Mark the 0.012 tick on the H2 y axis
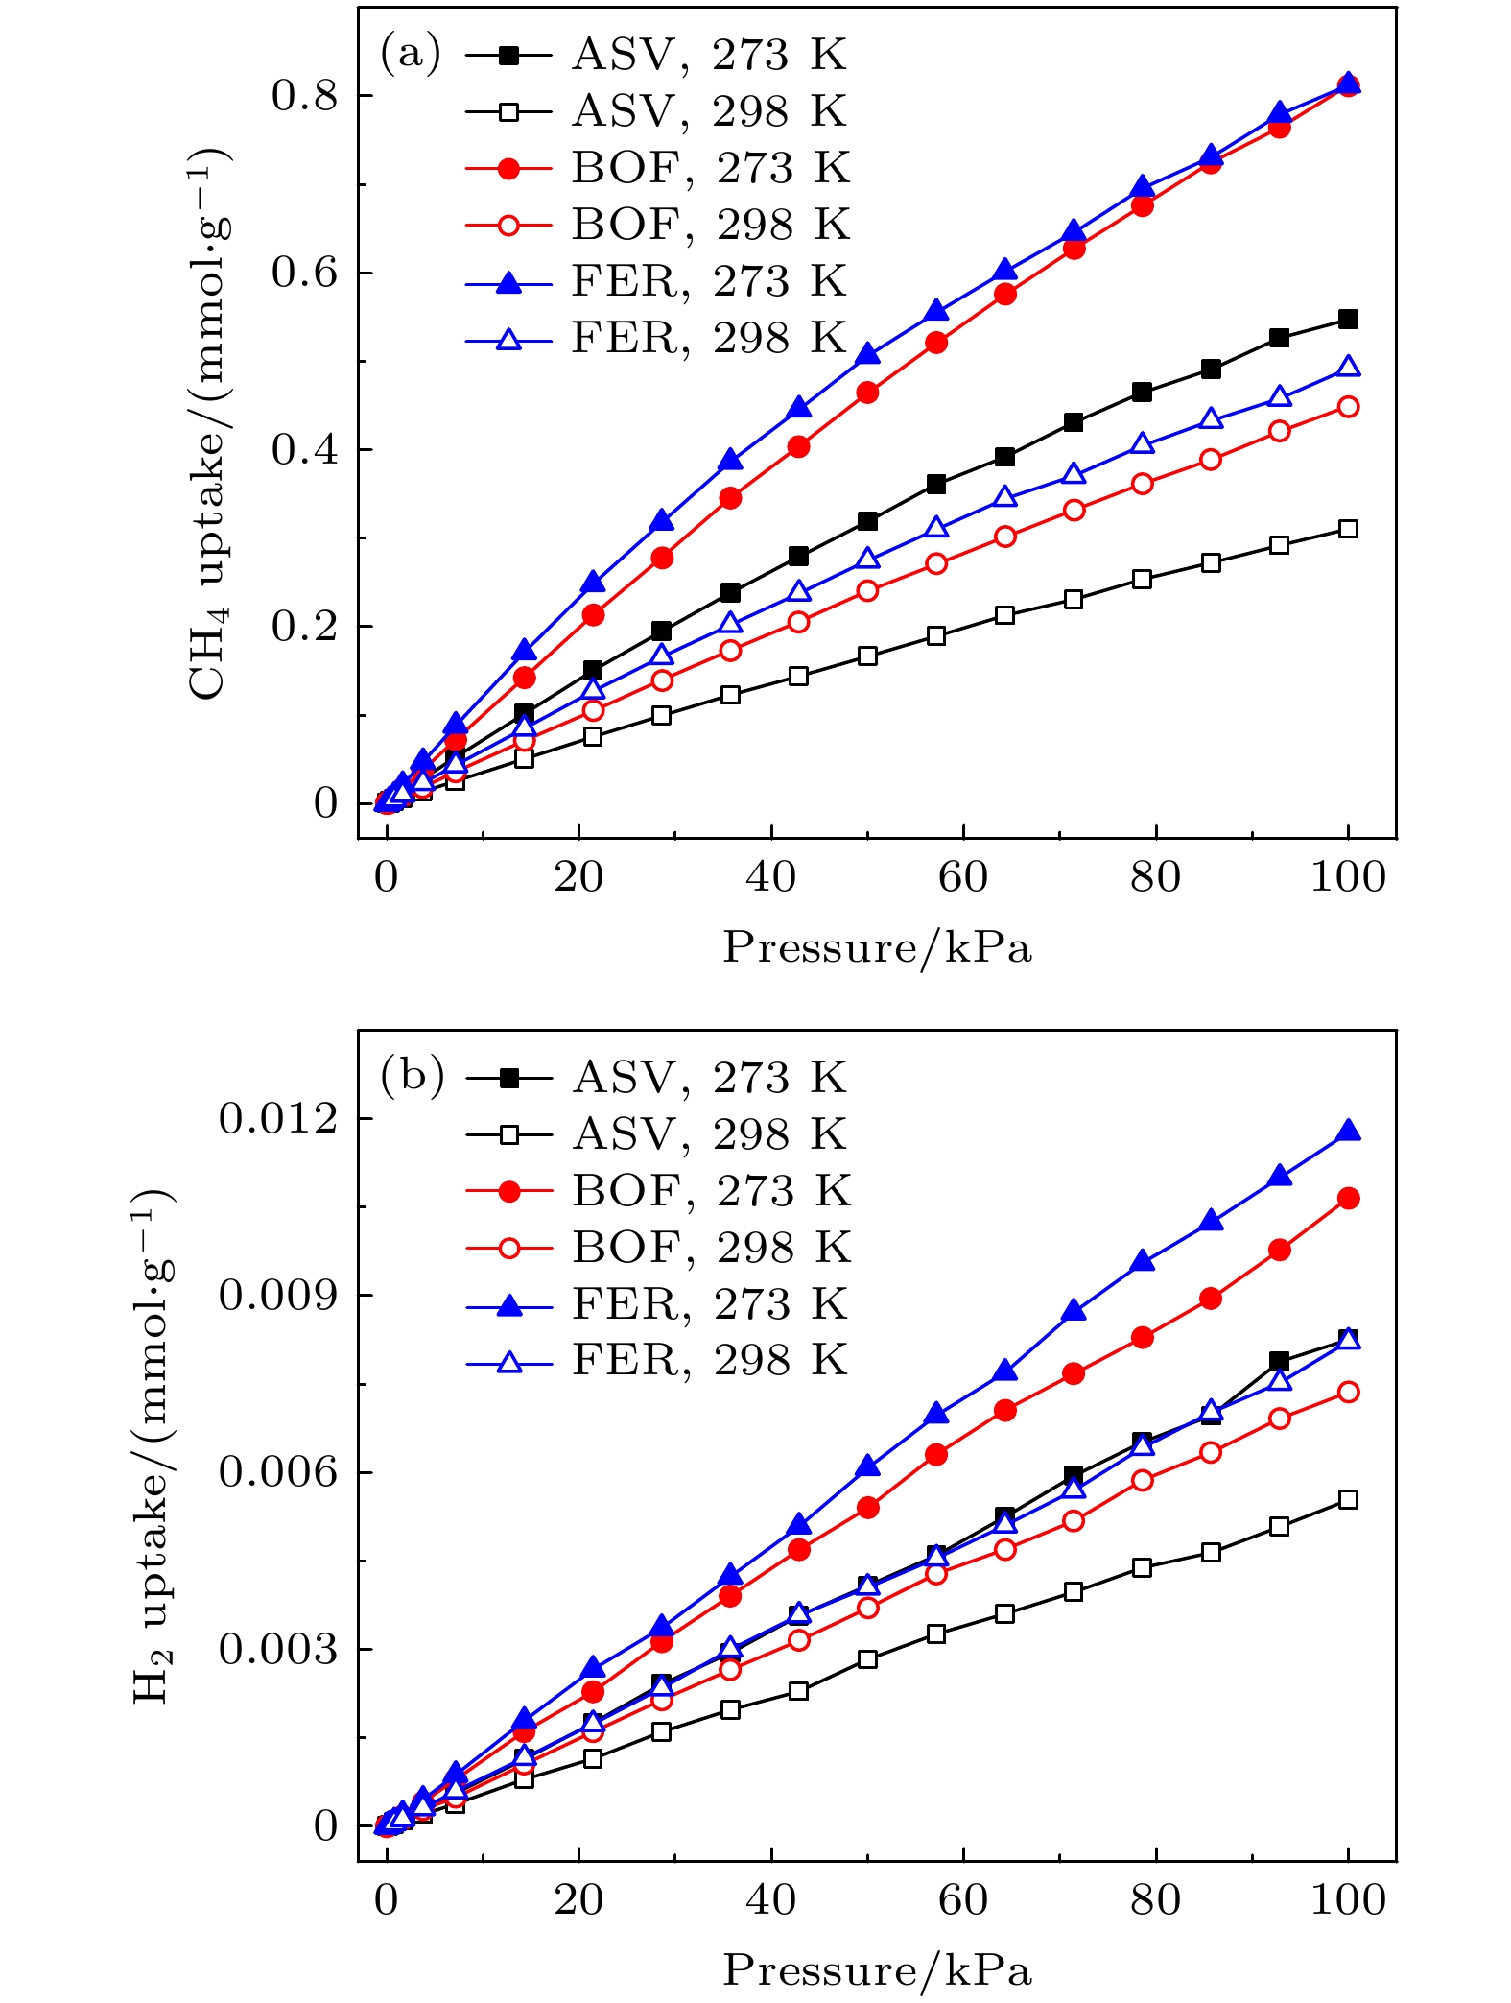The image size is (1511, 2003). click(x=278, y=1118)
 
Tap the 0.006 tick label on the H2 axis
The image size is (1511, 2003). click(x=278, y=1471)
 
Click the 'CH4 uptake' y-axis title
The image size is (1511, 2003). click(x=209, y=422)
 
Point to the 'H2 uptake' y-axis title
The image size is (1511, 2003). click(x=153, y=1444)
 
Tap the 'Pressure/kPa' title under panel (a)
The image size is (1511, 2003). click(x=877, y=948)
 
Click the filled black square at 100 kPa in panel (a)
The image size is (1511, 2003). click(x=1348, y=320)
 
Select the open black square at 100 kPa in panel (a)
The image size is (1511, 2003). click(x=1348, y=529)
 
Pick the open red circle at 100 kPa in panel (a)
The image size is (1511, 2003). click(x=1348, y=407)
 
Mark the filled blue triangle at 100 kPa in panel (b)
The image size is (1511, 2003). click(x=1348, y=1131)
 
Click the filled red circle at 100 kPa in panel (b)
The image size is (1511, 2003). click(x=1348, y=1198)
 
